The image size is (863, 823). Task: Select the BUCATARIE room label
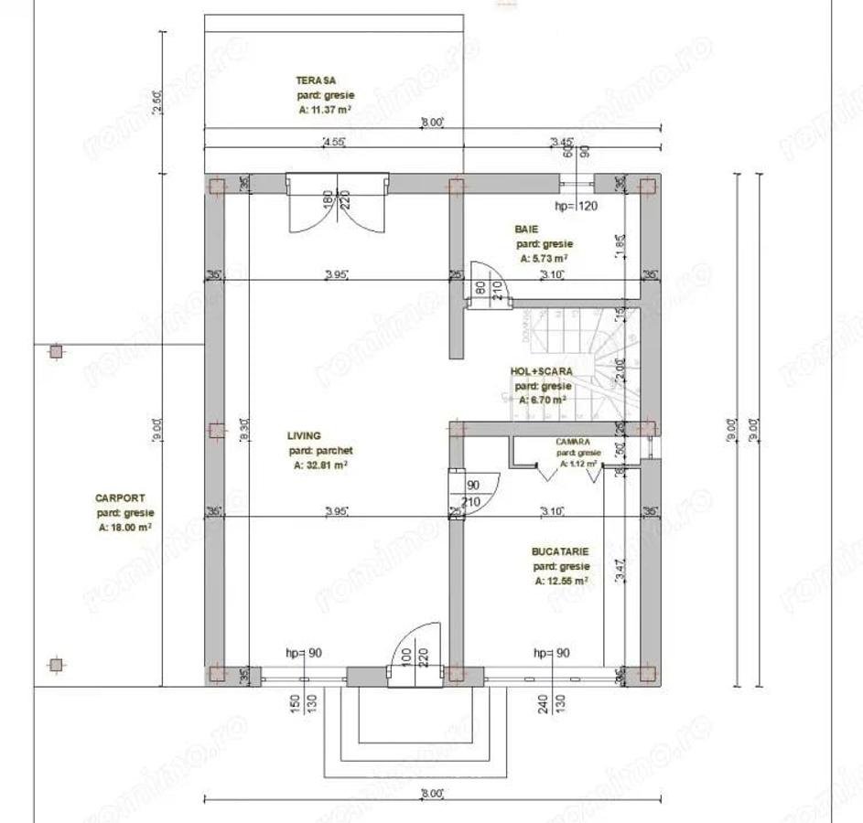point(559,552)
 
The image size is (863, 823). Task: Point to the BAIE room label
point(526,230)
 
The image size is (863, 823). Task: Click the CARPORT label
point(120,498)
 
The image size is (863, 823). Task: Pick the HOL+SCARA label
point(542,372)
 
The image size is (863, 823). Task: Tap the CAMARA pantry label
point(572,442)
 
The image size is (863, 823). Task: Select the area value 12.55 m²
point(559,581)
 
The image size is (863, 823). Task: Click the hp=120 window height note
point(577,207)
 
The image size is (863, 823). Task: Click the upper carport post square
point(56,351)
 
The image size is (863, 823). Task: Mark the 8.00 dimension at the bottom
point(431,793)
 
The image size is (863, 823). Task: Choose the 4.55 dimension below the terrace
point(333,142)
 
